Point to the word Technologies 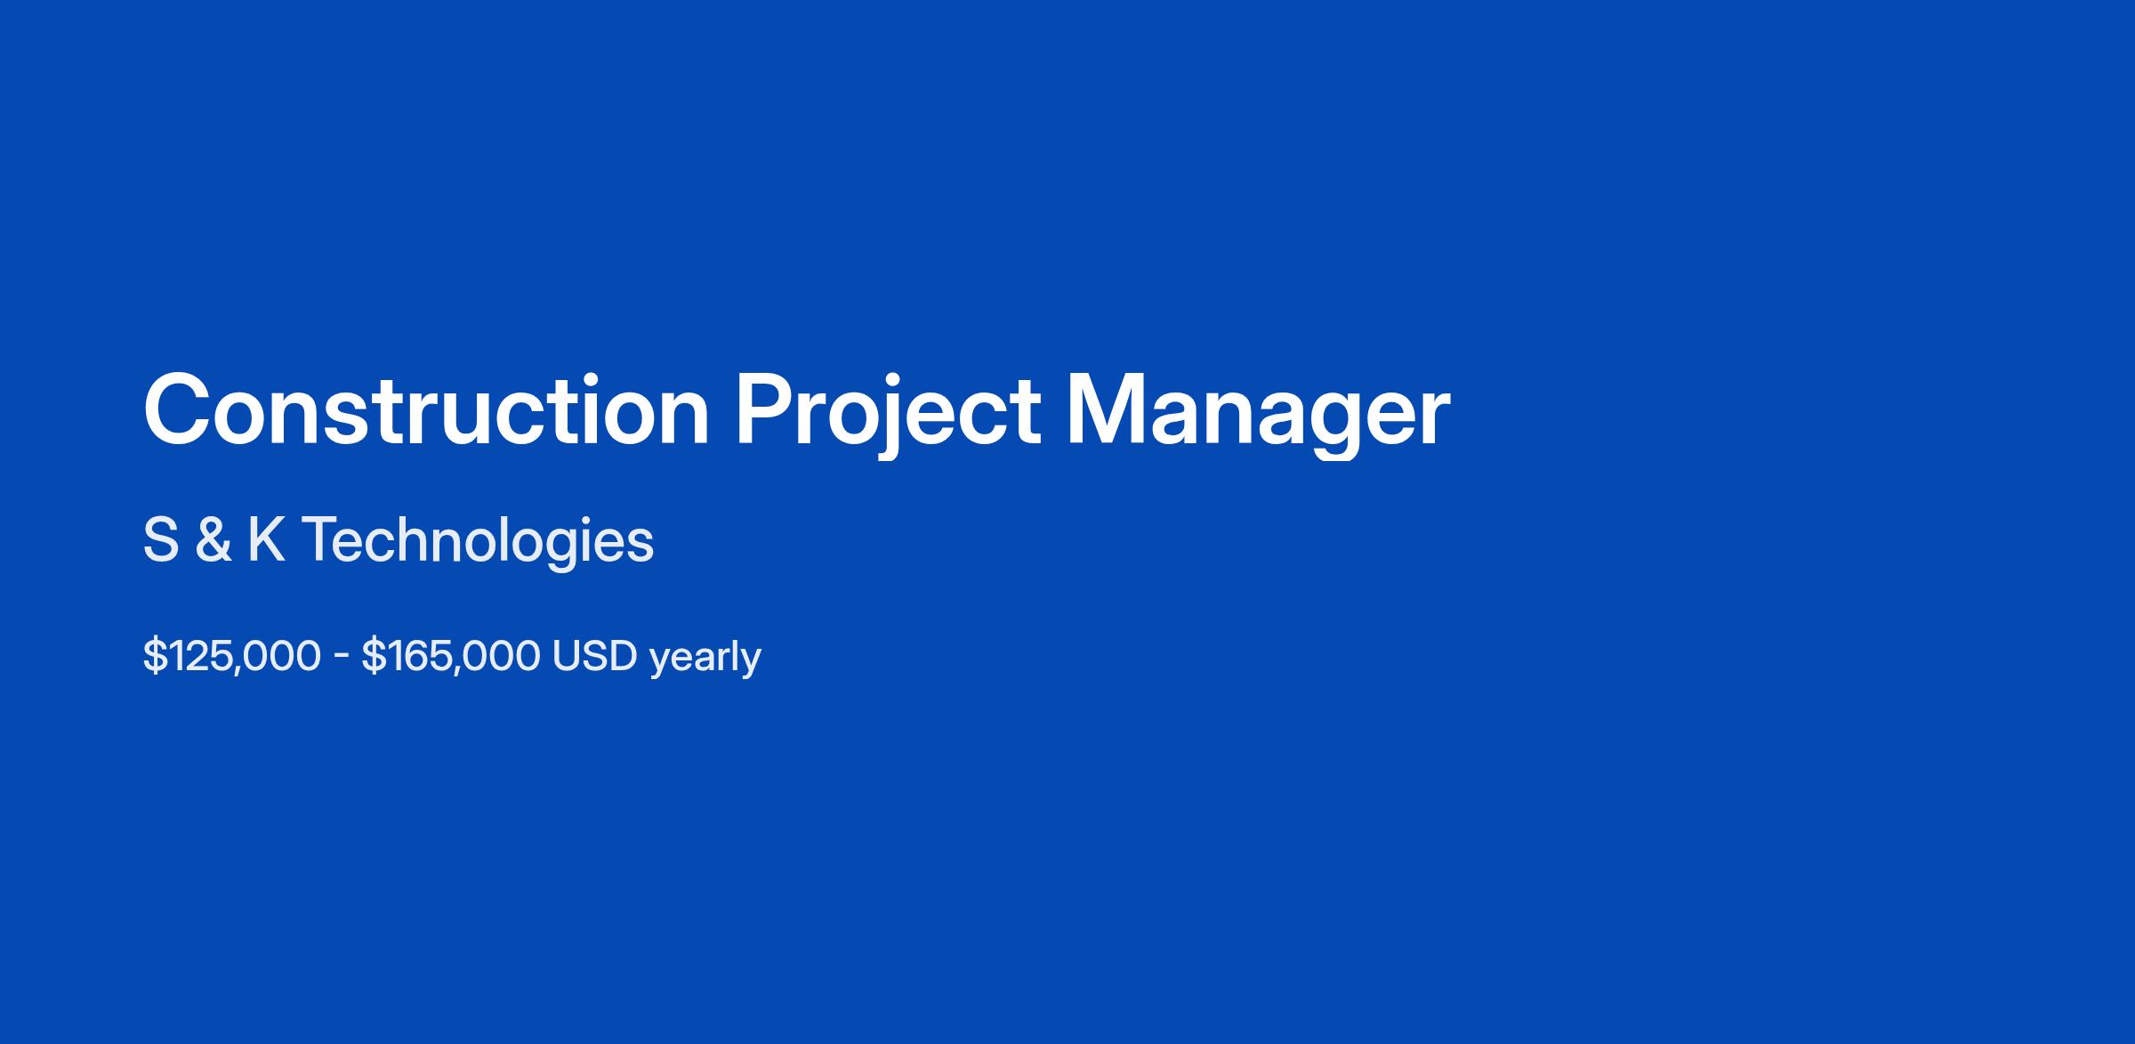[x=478, y=542]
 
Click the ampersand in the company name [x=213, y=540]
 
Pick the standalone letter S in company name [x=161, y=540]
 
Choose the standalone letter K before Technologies [x=267, y=540]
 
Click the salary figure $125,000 [x=231, y=657]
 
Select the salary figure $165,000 [x=450, y=657]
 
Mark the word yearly [x=705, y=660]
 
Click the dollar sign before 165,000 [x=373, y=657]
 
